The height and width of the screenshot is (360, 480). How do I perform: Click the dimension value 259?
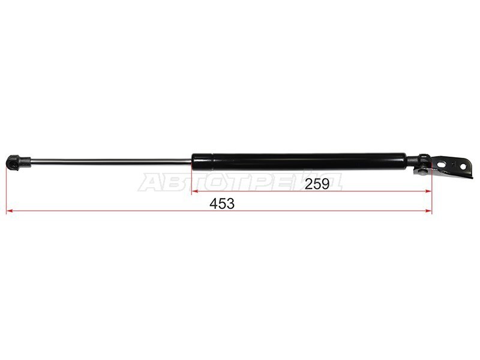[x=317, y=184]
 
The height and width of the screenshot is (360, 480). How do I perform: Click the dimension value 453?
[x=222, y=204]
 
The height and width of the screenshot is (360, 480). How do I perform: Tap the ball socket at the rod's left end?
[x=13, y=162]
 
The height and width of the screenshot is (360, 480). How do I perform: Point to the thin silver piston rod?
[x=111, y=161]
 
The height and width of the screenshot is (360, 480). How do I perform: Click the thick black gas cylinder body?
[x=299, y=161]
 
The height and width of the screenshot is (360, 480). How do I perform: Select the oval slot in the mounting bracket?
[x=441, y=164]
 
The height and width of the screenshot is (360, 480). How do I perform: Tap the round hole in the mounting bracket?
[x=463, y=167]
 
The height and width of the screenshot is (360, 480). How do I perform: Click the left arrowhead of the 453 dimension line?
[x=9, y=211]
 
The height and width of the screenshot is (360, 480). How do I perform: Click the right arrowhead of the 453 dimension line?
[x=428, y=211]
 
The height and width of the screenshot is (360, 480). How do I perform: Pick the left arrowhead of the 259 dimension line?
[x=194, y=191]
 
